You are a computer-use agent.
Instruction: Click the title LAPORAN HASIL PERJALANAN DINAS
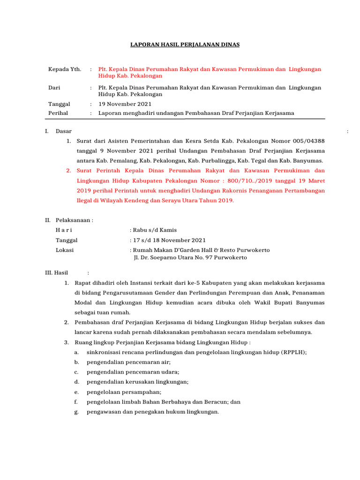(x=185, y=45)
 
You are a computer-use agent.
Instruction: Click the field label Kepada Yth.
(x=65, y=69)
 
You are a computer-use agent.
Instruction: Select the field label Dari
(x=54, y=88)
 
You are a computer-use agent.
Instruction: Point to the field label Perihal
(x=58, y=113)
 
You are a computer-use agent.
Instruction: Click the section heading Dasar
(x=64, y=131)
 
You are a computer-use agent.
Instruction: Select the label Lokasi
(x=65, y=250)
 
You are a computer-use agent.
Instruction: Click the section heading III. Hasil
(x=56, y=273)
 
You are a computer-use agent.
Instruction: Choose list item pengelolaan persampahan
(x=124, y=392)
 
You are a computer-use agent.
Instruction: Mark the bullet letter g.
(x=76, y=412)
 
